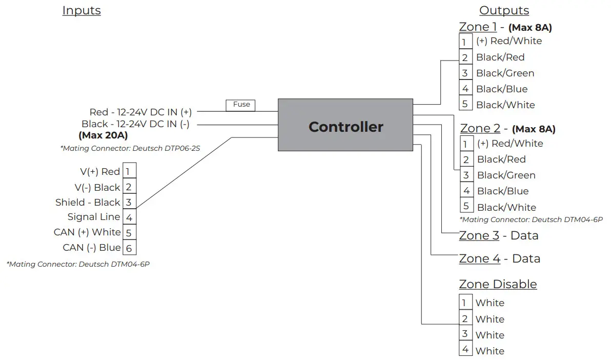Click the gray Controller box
(345, 125)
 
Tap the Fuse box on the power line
(241, 105)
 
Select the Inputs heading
(82, 11)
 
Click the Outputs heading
(504, 11)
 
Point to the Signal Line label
(94, 217)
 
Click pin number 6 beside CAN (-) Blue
(129, 249)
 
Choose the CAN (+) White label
(87, 232)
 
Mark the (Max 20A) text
(103, 136)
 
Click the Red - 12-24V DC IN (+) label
(140, 112)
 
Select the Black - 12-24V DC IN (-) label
(136, 124)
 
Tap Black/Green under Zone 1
(505, 73)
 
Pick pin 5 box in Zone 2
(466, 207)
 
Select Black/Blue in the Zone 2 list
(502, 191)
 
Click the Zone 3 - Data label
(499, 236)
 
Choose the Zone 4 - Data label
(499, 259)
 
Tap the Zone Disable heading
(498, 284)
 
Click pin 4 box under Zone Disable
(465, 350)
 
